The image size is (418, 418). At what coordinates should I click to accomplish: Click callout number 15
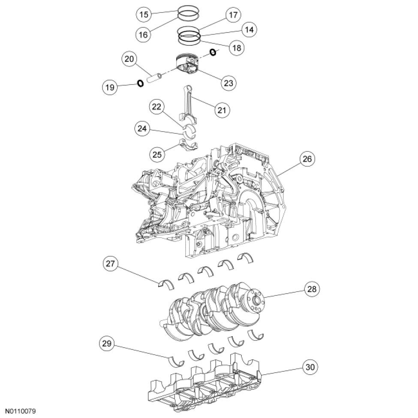144,15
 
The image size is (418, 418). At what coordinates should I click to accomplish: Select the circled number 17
233,15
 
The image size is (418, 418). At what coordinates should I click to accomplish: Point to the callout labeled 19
110,88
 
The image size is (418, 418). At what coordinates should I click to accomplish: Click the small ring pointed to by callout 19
140,83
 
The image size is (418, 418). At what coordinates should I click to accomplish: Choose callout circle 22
157,107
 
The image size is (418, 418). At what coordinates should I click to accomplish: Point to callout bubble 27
111,264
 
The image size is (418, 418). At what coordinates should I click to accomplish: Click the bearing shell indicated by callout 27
165,285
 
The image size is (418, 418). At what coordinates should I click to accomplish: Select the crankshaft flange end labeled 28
256,298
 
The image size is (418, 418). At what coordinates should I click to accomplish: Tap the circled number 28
312,289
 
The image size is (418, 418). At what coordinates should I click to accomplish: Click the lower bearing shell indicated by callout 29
176,361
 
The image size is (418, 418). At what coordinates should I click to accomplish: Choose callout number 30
312,367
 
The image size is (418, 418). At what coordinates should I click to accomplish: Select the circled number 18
235,48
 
